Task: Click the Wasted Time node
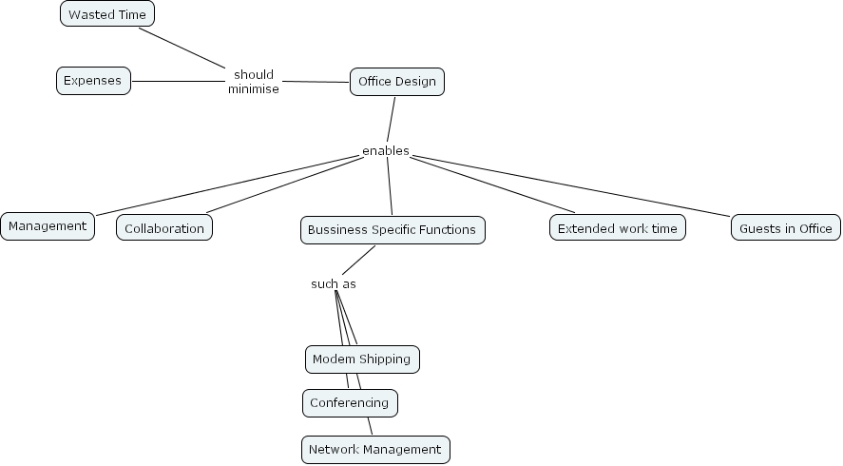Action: point(107,14)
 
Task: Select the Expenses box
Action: point(93,81)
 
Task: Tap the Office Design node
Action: point(397,82)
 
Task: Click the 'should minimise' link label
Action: point(254,82)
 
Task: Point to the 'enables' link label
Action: point(386,151)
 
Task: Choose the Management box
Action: point(48,226)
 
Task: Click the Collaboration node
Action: point(164,228)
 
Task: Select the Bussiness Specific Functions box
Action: point(393,230)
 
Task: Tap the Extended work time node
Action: point(617,228)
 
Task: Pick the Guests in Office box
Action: point(786,228)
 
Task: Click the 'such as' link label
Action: point(333,284)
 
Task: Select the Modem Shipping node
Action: point(362,359)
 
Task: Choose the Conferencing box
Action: point(350,403)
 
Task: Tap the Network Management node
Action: point(375,449)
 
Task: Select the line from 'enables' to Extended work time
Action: point(494,184)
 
